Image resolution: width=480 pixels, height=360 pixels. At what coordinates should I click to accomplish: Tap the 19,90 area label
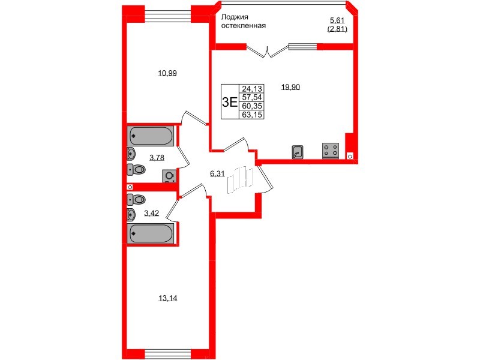coord(290,87)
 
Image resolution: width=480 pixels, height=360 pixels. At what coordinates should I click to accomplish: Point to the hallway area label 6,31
coord(217,174)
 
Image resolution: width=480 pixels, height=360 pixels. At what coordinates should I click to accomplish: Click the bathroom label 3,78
coord(157,158)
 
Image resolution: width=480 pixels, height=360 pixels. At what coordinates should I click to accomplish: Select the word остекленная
coord(243,26)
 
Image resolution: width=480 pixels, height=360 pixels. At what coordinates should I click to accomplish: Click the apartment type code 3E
coord(229,101)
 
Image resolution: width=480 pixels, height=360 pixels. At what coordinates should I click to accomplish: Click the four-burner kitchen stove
coord(330,150)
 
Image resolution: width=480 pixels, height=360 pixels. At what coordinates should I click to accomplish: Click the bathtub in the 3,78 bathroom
coord(151,136)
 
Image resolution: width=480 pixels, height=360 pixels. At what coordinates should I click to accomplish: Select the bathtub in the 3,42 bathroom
coord(151,233)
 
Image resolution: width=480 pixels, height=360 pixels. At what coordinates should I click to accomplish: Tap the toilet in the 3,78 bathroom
coord(137,170)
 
